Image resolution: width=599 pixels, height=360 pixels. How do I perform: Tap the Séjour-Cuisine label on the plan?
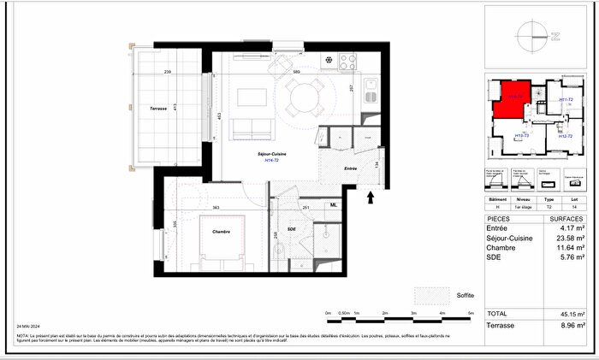point(271,153)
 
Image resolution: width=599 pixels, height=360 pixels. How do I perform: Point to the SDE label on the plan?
point(291,230)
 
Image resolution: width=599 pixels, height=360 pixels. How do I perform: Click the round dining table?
point(305,100)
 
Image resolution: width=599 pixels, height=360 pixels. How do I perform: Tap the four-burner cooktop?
point(348,62)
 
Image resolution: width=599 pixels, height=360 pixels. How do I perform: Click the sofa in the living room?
point(253,128)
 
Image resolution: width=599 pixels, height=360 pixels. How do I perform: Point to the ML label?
point(335,205)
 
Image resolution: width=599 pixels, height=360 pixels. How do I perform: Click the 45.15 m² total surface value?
point(572,314)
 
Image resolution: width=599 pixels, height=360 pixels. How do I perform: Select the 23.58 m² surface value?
point(569,238)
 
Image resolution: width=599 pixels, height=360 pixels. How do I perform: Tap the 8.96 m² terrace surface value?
point(572,326)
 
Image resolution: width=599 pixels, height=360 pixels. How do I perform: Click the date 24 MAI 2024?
point(29,327)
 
